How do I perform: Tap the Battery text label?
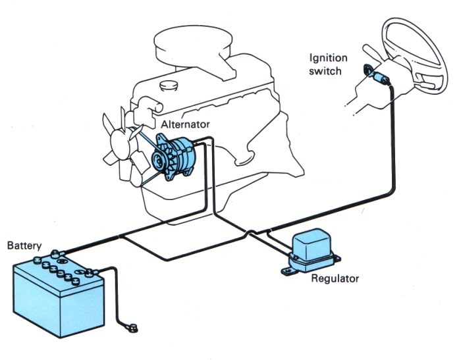24,245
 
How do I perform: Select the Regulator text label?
335,278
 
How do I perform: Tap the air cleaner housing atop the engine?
198,46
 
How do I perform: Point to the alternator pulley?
158,158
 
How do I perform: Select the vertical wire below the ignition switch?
393,132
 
